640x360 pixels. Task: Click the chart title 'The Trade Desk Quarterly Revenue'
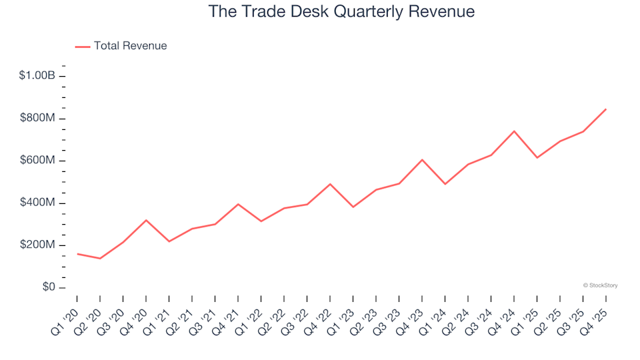pyautogui.click(x=341, y=11)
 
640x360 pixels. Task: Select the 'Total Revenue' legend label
pyautogui.click(x=130, y=46)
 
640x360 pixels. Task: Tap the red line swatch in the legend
pyautogui.click(x=83, y=47)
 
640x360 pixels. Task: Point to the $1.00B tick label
pyautogui.click(x=37, y=76)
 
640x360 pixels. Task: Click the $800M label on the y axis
pyautogui.click(x=39, y=119)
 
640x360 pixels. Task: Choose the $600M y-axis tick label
pyautogui.click(x=39, y=161)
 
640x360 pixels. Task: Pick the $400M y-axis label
pyautogui.click(x=39, y=203)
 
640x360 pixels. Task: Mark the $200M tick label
pyautogui.click(x=39, y=245)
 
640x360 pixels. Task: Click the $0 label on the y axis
pyautogui.click(x=47, y=288)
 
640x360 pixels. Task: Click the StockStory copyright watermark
pyautogui.click(x=600, y=285)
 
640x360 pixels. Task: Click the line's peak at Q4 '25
pyautogui.click(x=605, y=109)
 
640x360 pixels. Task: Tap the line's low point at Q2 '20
pyautogui.click(x=100, y=259)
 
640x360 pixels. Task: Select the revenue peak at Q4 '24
pyautogui.click(x=514, y=131)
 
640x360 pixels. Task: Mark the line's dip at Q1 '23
pyautogui.click(x=353, y=207)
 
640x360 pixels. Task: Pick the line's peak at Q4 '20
pyautogui.click(x=146, y=220)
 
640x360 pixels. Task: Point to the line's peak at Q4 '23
pyautogui.click(x=422, y=159)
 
